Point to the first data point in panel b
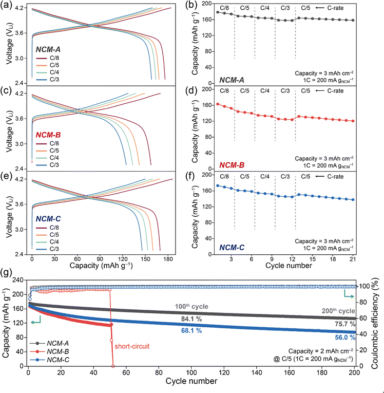click(x=218, y=12)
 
